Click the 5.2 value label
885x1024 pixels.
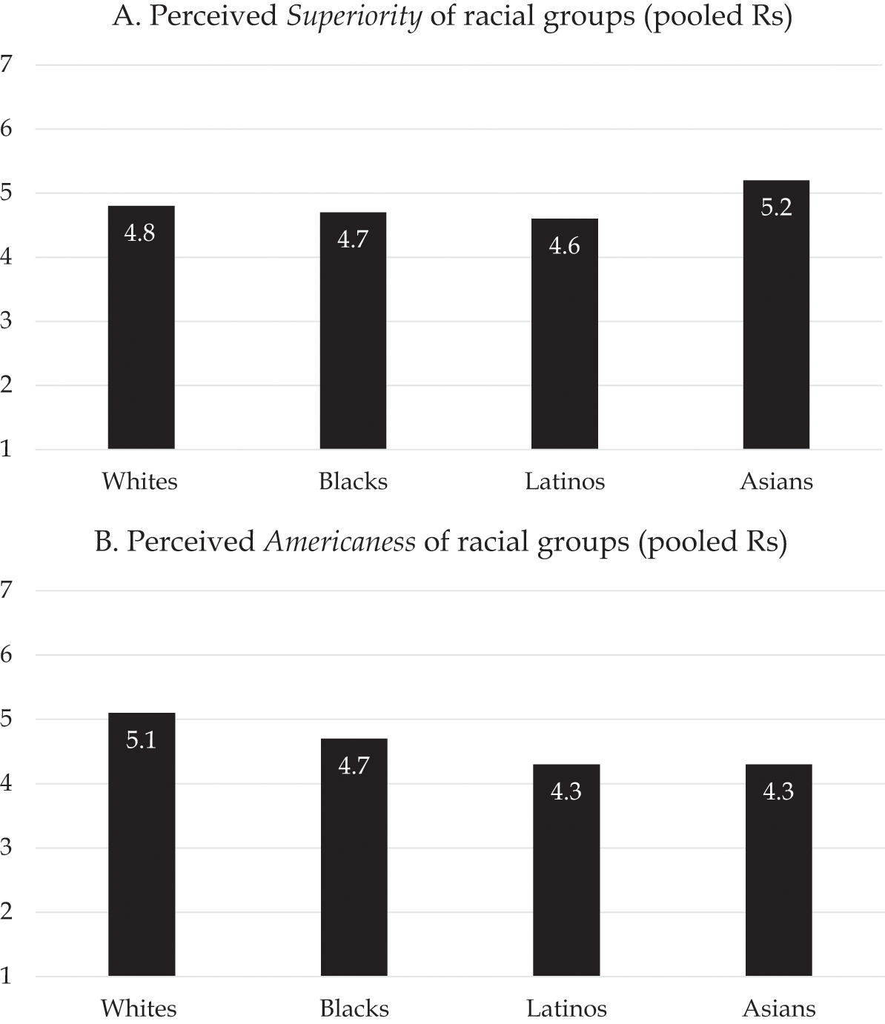click(x=776, y=207)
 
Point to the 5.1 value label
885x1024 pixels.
click(x=141, y=740)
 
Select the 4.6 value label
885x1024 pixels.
click(x=564, y=246)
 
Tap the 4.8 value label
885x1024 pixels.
click(x=140, y=233)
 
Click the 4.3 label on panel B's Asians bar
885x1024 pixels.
click(x=778, y=792)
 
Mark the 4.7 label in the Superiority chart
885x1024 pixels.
click(x=353, y=239)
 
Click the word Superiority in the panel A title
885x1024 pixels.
click(x=354, y=16)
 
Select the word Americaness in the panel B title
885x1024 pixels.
click(x=339, y=542)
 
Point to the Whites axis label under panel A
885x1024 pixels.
click(x=140, y=482)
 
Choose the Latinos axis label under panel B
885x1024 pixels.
click(x=566, y=1008)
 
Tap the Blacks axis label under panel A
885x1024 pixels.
click(x=353, y=482)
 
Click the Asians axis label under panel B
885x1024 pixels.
click(x=779, y=1008)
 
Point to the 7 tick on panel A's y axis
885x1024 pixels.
click(x=7, y=64)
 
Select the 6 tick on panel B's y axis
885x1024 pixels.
click(x=7, y=655)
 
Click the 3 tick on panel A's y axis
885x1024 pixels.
click(x=7, y=322)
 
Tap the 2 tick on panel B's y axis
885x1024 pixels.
click(x=7, y=912)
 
